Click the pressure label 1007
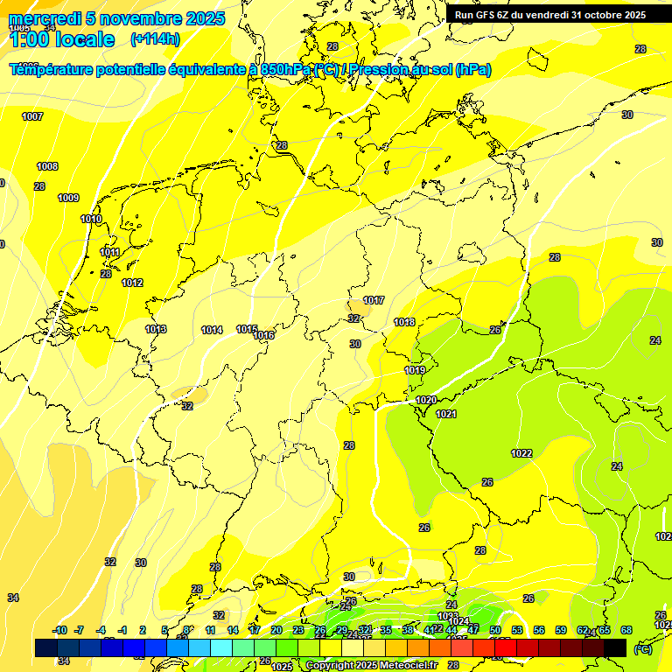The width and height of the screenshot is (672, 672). pyautogui.click(x=32, y=116)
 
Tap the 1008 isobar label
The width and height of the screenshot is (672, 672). pyautogui.click(x=47, y=166)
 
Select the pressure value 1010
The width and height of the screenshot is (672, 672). pyautogui.click(x=91, y=219)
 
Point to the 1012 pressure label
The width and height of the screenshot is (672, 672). pyautogui.click(x=132, y=283)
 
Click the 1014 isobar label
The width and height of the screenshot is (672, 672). pyautogui.click(x=212, y=330)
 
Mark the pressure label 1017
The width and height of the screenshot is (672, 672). pyautogui.click(x=374, y=300)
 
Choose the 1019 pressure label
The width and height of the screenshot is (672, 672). pyautogui.click(x=415, y=370)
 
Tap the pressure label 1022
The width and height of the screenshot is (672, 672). pyautogui.click(x=521, y=453)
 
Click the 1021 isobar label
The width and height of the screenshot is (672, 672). pyautogui.click(x=446, y=414)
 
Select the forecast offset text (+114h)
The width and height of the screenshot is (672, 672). pyautogui.click(x=155, y=38)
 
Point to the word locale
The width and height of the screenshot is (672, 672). pyautogui.click(x=82, y=39)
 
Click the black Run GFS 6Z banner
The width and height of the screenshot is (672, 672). pyautogui.click(x=549, y=15)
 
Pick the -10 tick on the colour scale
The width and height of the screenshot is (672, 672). pyautogui.click(x=59, y=630)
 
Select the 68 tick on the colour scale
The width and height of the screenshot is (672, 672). pyautogui.click(x=626, y=630)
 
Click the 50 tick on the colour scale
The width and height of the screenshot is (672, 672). pyautogui.click(x=494, y=630)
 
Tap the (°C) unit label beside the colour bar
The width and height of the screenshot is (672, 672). pyautogui.click(x=643, y=649)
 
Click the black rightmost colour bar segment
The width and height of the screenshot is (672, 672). pyautogui.click(x=615, y=647)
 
